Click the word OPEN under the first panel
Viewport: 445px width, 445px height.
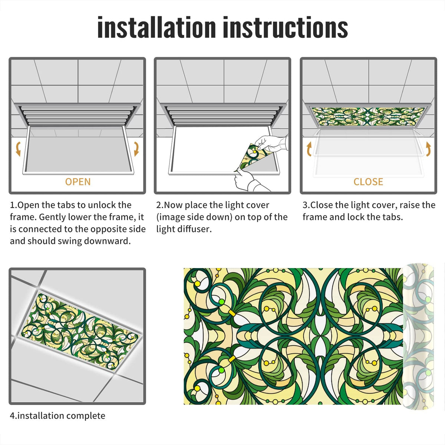[x=78, y=182]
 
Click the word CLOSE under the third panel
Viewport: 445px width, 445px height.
[x=368, y=182]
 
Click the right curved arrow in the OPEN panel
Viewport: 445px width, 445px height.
[x=136, y=149]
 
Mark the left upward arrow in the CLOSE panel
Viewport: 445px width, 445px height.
[x=309, y=149]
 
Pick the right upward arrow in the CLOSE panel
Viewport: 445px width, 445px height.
[x=428, y=149]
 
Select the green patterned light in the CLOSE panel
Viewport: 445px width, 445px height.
[x=368, y=116]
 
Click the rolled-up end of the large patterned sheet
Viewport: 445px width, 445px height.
[x=418, y=336]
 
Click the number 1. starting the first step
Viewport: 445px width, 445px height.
[x=13, y=205]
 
